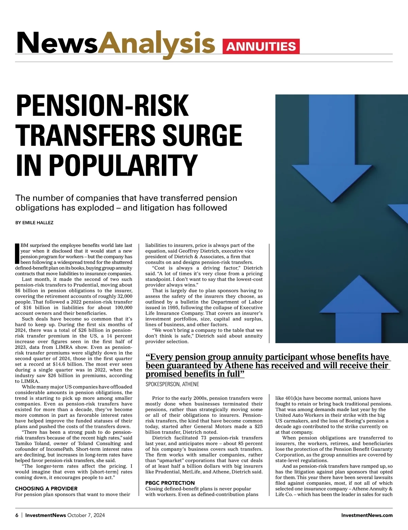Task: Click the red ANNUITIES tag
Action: pos(261,47)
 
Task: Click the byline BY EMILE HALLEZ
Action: pos(34,223)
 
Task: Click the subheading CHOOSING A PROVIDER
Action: pos(46,489)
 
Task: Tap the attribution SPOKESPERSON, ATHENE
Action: pos(172,384)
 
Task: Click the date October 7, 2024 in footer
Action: pos(86,515)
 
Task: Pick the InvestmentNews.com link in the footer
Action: pos(367,515)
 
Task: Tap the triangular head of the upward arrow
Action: pos(357,296)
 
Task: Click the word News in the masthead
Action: pos(57,43)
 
